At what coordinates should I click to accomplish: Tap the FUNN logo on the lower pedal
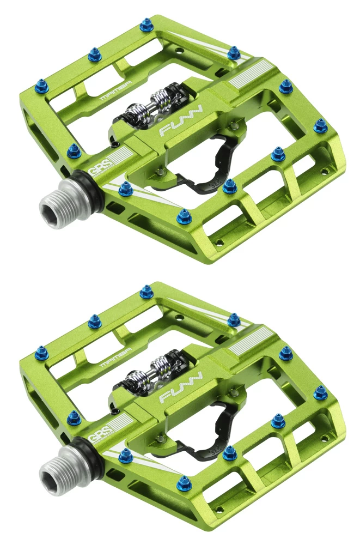(x=181, y=388)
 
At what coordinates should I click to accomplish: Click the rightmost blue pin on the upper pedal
(x=321, y=125)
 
